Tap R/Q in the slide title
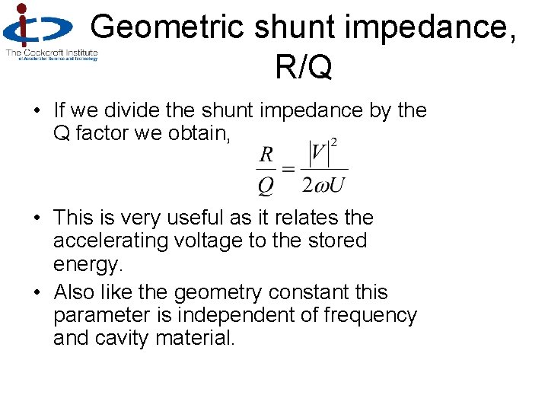click(x=304, y=67)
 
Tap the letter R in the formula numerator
click(x=266, y=155)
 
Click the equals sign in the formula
click(x=288, y=168)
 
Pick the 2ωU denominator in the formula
click(x=324, y=185)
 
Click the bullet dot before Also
click(x=37, y=293)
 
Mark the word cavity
click(x=123, y=338)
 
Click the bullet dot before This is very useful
click(x=37, y=218)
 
